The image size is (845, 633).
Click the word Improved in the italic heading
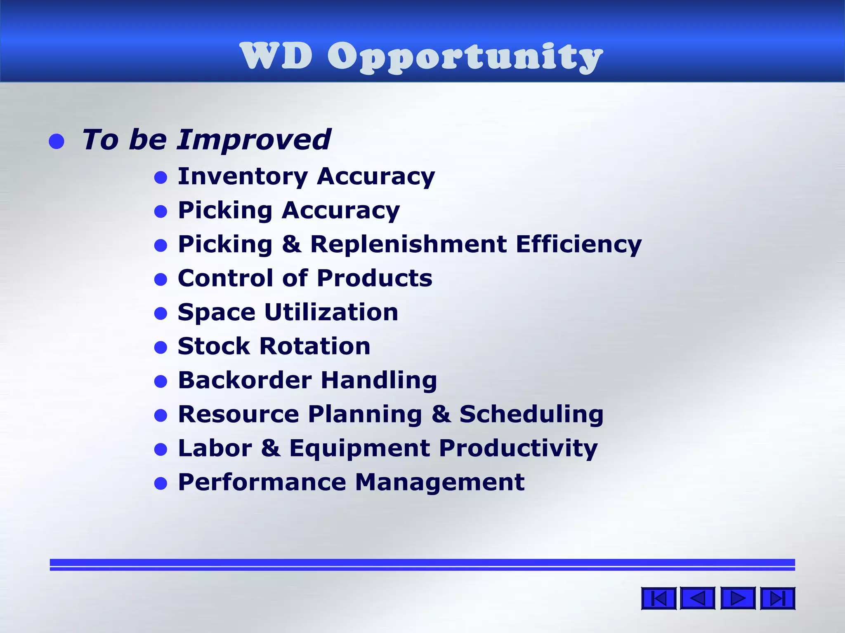coord(254,139)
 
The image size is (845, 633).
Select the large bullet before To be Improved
coord(57,141)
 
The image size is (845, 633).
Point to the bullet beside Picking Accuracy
coord(161,212)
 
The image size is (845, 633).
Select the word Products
coord(375,278)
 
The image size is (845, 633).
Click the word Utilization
coord(331,312)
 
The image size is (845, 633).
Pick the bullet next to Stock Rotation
coord(161,348)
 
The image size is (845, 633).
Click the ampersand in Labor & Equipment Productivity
coord(271,448)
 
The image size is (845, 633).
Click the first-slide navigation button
coord(659,598)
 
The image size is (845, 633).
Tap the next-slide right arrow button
coord(738,598)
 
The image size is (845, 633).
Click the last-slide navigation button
coord(777,598)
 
